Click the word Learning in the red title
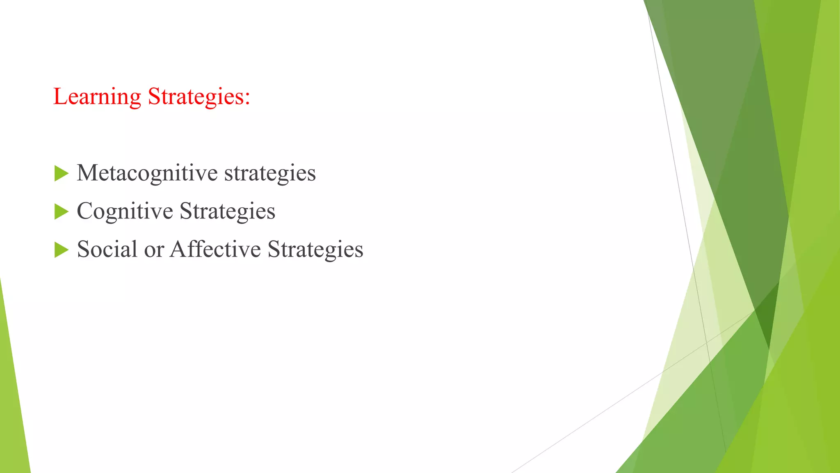coord(97,97)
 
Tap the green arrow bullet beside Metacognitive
coord(61,174)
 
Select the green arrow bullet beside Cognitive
coord(61,212)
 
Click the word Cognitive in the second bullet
coord(125,211)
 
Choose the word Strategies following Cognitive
coord(227,211)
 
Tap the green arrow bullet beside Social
coord(61,250)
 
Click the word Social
coord(107,249)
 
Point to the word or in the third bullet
coord(154,250)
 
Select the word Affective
coord(215,249)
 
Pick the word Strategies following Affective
coord(315,249)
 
